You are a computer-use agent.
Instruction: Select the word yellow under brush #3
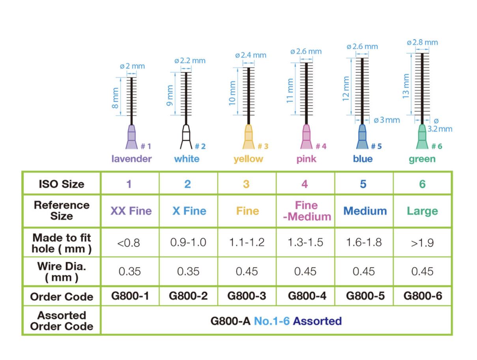pos(248,159)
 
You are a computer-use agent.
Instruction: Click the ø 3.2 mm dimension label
pos(440,125)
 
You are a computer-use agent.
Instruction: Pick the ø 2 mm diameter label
pos(132,66)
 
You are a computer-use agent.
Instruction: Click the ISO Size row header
pos(62,184)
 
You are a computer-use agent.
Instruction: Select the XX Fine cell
pos(131,211)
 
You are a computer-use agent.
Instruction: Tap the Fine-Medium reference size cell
pos(307,211)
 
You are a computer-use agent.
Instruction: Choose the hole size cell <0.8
pos(131,242)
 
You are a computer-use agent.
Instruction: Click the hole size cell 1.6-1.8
pos(364,242)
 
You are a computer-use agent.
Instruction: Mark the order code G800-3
pos(247,296)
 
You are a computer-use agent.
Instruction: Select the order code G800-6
pos(423,296)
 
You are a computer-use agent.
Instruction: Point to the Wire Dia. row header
pos(62,271)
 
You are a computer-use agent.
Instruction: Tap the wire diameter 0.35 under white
pos(188,272)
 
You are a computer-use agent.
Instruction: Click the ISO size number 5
pos(363,184)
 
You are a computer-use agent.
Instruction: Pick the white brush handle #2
pos(186,137)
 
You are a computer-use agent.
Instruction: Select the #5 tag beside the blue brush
pos(376,146)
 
